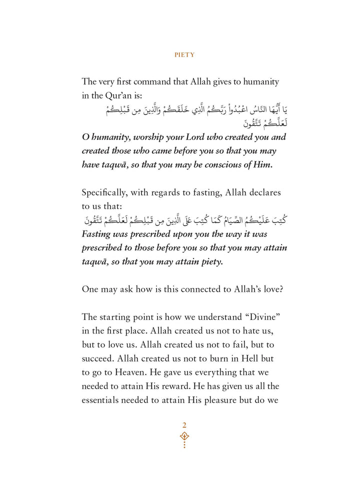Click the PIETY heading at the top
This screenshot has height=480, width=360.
(184, 54)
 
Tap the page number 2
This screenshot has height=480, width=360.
(184, 424)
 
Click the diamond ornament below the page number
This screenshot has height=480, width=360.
(184, 436)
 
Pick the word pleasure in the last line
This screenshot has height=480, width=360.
(238, 400)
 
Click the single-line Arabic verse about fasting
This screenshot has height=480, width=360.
(184, 220)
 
